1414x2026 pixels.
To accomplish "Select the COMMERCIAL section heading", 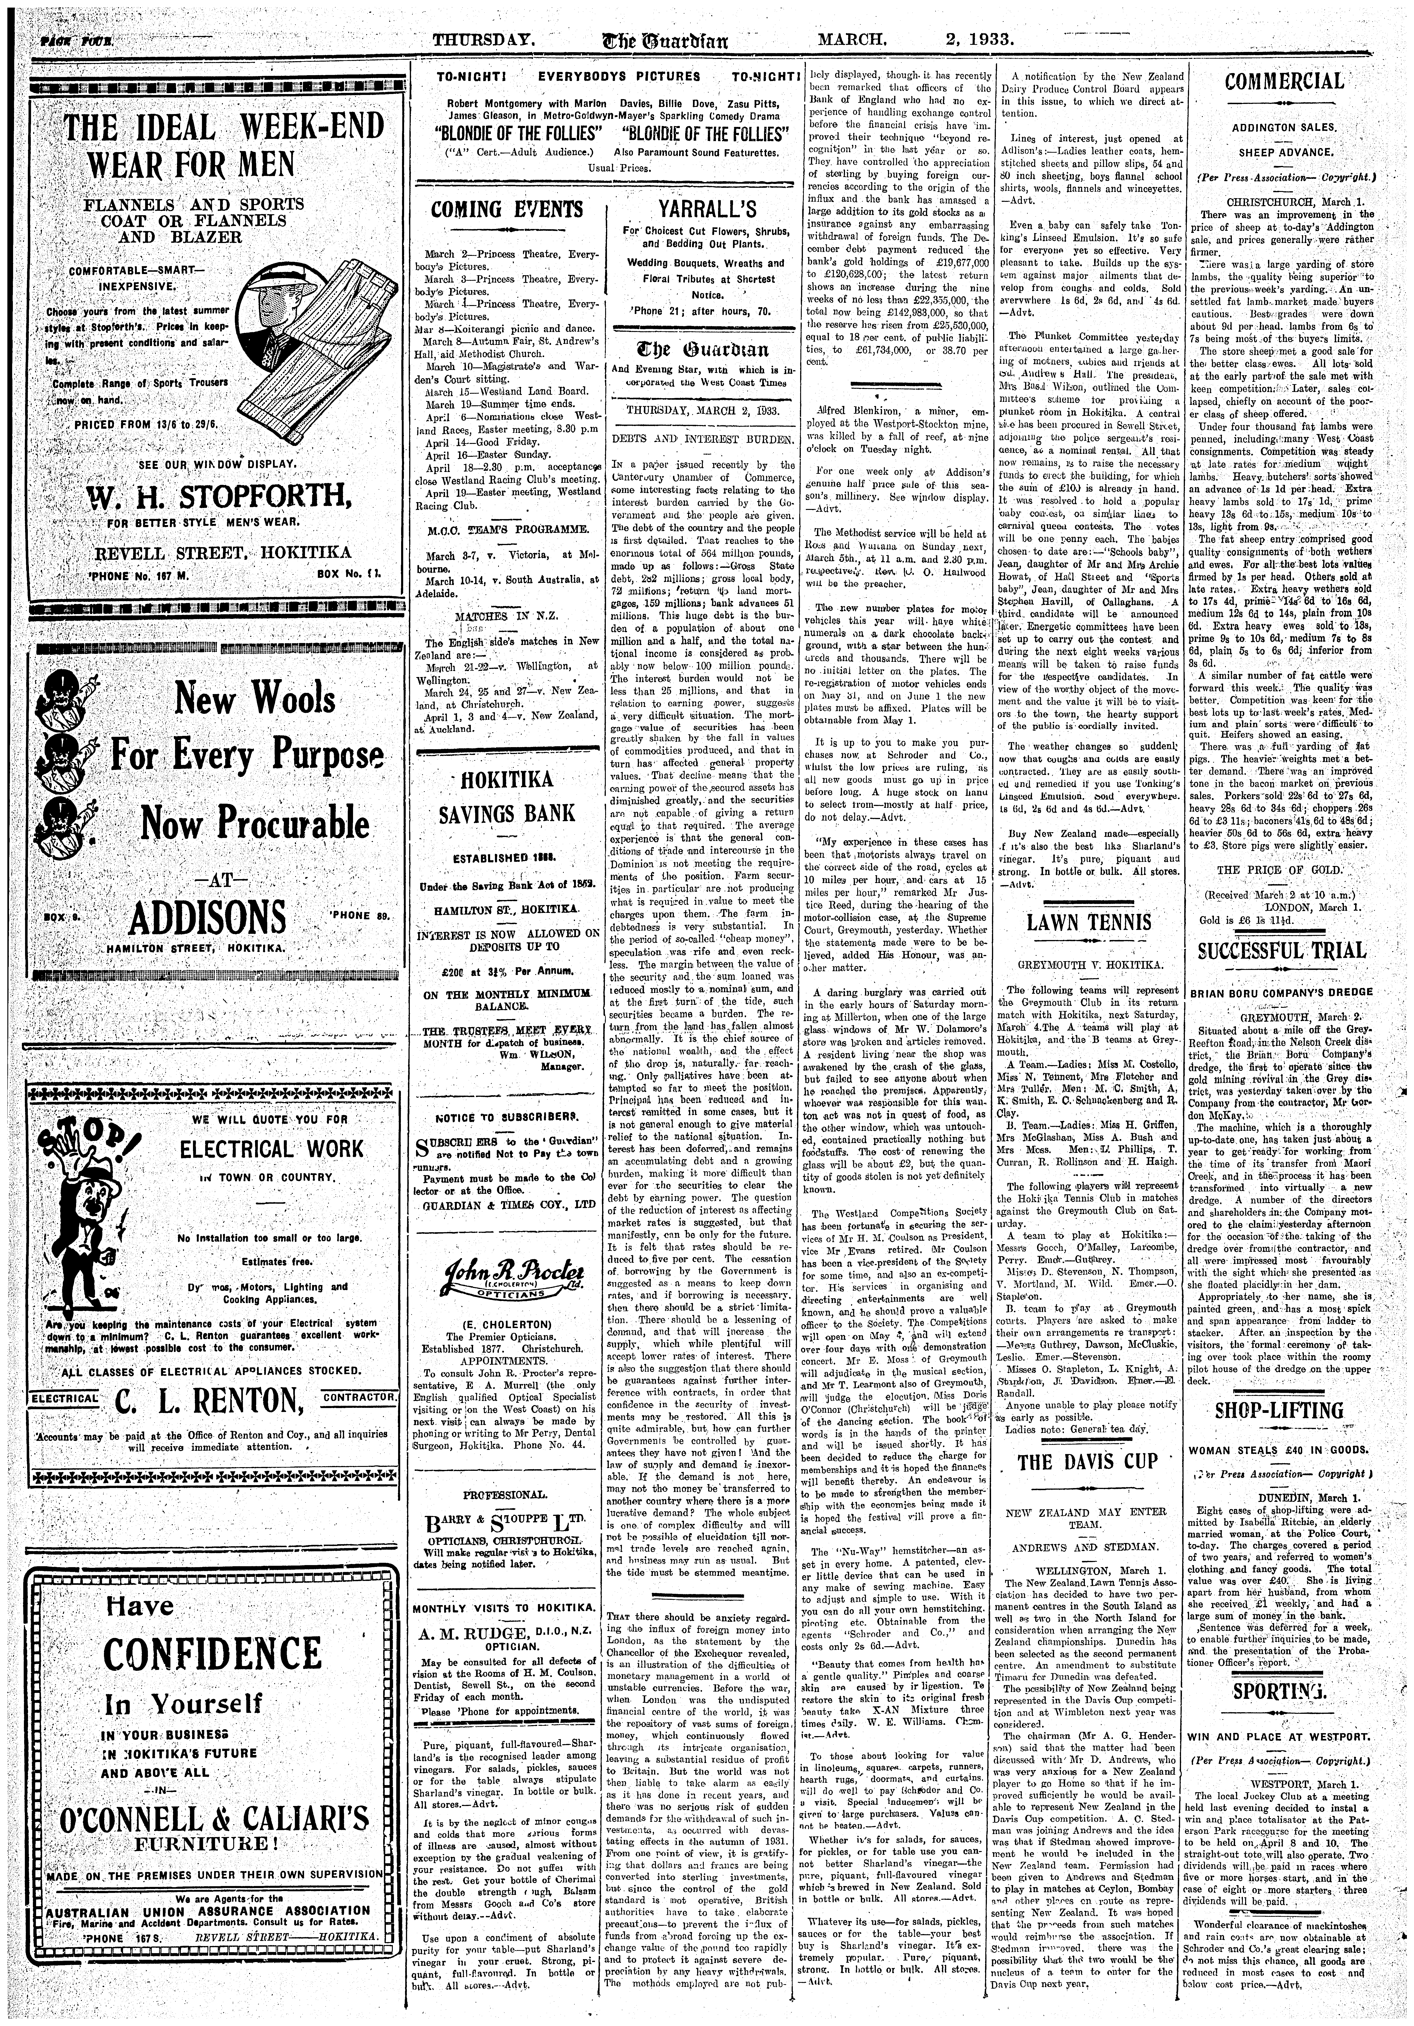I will (1284, 83).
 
